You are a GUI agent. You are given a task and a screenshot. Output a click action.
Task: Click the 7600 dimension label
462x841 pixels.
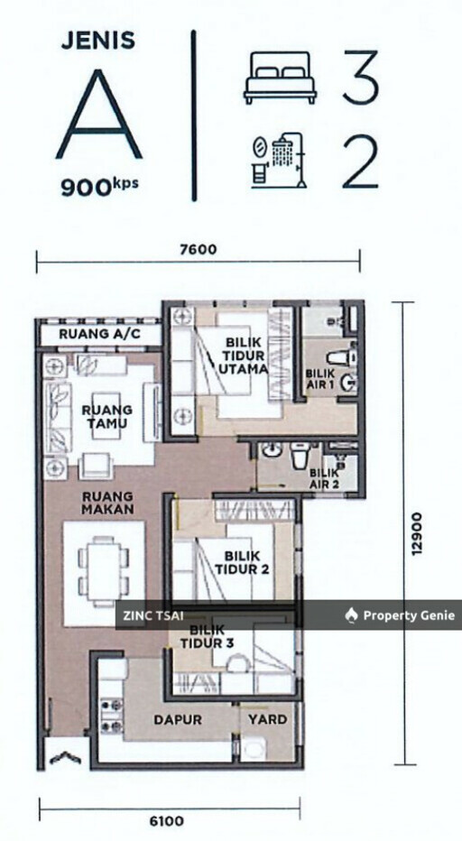[x=199, y=250]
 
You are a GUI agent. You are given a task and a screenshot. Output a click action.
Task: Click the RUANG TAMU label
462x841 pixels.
[x=106, y=416]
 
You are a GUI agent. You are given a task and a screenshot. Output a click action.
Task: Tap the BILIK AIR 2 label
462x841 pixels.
[x=326, y=477]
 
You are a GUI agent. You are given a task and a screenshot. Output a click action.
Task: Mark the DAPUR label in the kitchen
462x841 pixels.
[x=177, y=720]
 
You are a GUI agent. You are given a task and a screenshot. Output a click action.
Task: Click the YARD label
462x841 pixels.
[x=268, y=720]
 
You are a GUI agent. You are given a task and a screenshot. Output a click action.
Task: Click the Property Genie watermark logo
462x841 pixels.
[x=400, y=615]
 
